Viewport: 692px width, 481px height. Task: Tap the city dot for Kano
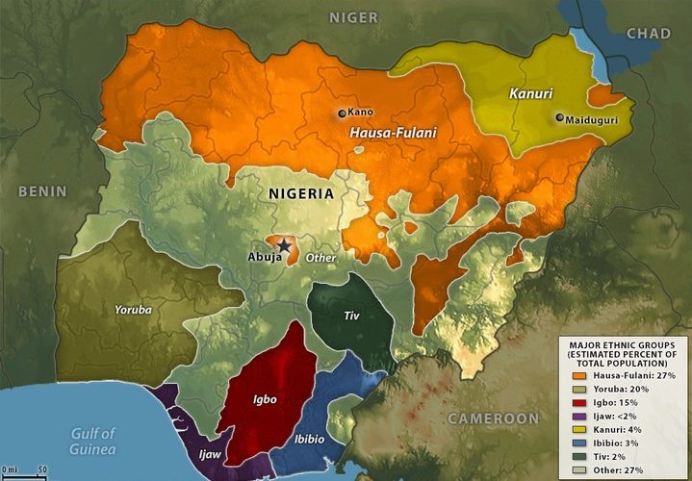[x=341, y=114]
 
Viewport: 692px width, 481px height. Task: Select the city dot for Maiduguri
[x=559, y=118]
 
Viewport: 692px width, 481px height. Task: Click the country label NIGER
[x=353, y=17]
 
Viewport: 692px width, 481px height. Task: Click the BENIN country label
[x=39, y=191]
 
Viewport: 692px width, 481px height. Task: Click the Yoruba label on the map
[x=131, y=310]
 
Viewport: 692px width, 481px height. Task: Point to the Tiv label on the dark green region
[x=350, y=316]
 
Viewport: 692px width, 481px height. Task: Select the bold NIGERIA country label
[x=301, y=193]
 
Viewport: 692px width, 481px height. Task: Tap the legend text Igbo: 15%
[x=611, y=401]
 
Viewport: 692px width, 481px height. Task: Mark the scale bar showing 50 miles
[x=26, y=469]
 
